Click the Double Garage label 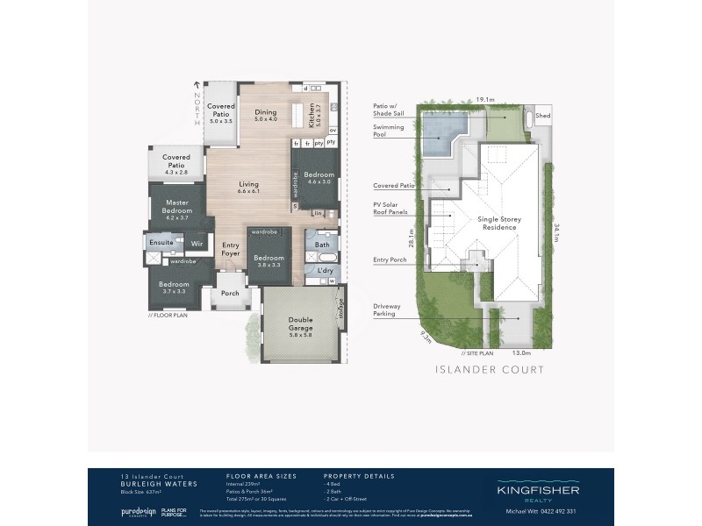click(301, 327)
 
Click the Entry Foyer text click(231, 250)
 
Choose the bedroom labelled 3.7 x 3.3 click(173, 287)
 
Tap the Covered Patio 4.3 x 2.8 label click(175, 162)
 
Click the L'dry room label click(325, 271)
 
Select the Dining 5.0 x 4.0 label click(266, 116)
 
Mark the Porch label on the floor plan click(230, 294)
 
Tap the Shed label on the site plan click(544, 115)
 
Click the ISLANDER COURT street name click(490, 370)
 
